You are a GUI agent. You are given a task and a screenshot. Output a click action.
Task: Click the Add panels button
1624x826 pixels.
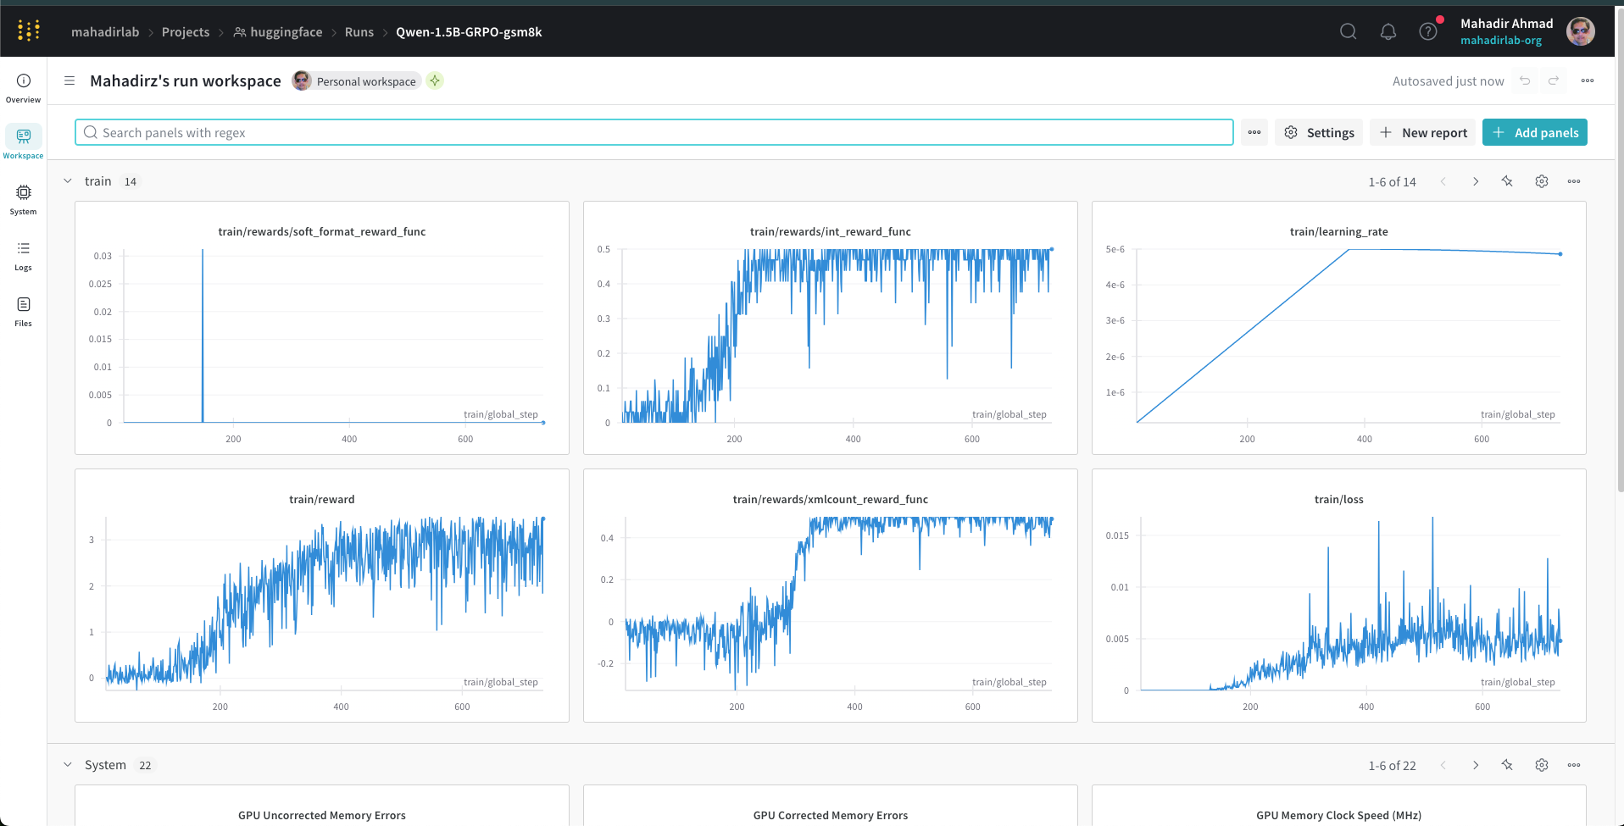(x=1534, y=132)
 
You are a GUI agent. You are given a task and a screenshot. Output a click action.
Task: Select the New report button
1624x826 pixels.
(x=1422, y=132)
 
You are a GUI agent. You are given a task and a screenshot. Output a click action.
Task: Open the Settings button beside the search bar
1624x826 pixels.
(x=1319, y=132)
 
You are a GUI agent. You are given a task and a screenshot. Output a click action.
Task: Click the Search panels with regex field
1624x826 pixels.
(x=653, y=132)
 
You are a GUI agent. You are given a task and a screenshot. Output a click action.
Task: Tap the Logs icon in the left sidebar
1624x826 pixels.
(x=24, y=255)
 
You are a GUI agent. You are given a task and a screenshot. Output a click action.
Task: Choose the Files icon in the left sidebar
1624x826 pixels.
(x=24, y=311)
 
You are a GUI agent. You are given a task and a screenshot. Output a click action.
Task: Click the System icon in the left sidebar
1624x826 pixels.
(x=24, y=199)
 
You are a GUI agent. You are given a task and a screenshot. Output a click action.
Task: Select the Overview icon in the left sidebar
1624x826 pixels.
(x=24, y=87)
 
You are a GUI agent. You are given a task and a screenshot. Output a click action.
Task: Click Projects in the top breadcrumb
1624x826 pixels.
(x=186, y=32)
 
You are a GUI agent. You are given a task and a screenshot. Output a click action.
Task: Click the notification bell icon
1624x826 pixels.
(x=1388, y=32)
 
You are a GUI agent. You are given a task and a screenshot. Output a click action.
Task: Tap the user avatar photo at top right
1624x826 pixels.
(x=1581, y=31)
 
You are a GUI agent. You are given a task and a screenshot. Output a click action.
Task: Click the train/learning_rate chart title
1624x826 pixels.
(x=1339, y=231)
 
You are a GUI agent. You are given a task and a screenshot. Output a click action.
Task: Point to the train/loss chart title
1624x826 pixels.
(x=1339, y=499)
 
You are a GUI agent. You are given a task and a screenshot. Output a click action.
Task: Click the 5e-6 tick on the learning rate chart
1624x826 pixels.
(x=1115, y=249)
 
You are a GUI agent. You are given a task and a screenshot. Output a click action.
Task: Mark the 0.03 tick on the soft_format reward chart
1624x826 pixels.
(x=103, y=256)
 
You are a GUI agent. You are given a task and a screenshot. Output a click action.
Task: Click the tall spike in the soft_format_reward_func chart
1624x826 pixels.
(x=203, y=335)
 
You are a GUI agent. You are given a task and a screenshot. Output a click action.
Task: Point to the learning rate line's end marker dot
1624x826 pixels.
(x=1560, y=254)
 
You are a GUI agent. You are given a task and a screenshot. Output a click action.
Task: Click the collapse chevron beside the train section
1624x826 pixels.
(x=68, y=181)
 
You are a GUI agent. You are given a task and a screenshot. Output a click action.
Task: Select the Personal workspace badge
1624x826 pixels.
(x=357, y=81)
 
